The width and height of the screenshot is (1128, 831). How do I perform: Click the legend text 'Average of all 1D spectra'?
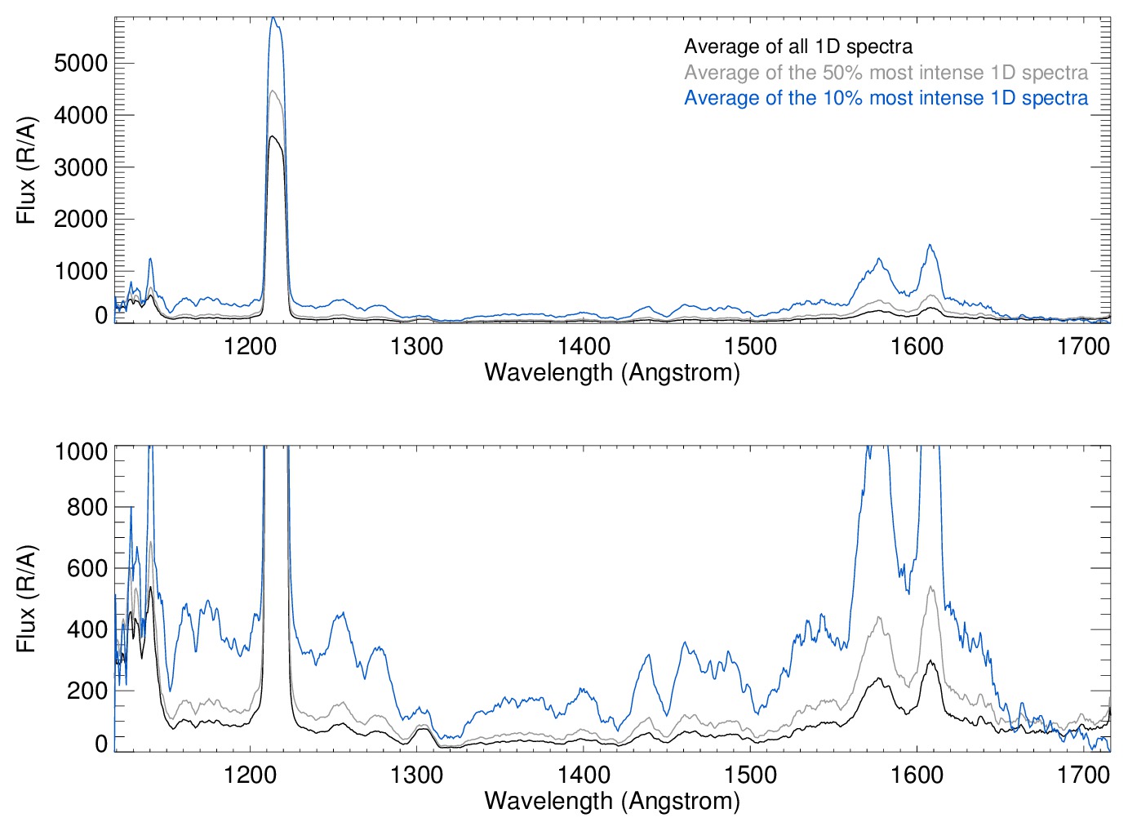tap(797, 47)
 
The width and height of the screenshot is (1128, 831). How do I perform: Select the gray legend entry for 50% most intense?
tap(886, 73)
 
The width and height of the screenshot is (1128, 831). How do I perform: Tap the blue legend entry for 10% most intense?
tap(886, 98)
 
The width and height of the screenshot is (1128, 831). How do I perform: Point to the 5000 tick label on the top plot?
tap(81, 64)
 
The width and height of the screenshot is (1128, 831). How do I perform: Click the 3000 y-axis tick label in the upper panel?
tap(81, 167)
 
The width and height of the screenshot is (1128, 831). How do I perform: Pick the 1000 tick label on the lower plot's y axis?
tap(81, 451)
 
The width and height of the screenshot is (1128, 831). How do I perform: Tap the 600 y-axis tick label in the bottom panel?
tap(87, 568)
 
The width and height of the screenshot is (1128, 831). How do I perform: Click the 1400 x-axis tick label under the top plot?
tap(584, 346)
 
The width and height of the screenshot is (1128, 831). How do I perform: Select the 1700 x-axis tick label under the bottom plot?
tap(1083, 775)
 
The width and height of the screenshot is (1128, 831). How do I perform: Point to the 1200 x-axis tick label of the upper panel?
tap(251, 346)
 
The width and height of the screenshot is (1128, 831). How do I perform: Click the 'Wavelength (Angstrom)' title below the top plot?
tap(612, 373)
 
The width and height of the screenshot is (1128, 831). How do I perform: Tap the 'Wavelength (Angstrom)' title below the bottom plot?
tap(612, 801)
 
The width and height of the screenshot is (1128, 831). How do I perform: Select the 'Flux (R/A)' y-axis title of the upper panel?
tap(27, 171)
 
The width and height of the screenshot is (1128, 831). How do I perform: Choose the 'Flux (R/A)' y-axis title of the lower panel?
tap(27, 598)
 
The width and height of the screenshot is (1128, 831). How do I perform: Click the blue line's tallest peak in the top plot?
tap(273, 18)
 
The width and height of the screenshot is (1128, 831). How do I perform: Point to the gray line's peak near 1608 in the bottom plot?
tap(931, 587)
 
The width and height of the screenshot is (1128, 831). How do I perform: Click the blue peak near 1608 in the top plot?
tap(929, 245)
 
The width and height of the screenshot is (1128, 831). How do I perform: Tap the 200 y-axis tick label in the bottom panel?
tap(87, 691)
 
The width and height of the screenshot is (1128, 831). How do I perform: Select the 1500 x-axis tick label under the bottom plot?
tap(750, 775)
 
